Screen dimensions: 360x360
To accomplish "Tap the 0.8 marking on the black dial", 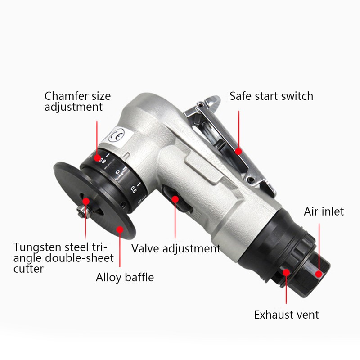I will pyautogui.click(x=103, y=160).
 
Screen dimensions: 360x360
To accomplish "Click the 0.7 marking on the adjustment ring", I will pyautogui.click(x=118, y=171).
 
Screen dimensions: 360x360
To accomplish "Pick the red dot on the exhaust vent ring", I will pyautogui.click(x=287, y=272).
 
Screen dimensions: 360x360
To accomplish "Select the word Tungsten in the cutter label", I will pyautogui.click(x=36, y=247).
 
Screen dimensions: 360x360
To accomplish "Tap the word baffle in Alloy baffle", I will pyautogui.click(x=138, y=277).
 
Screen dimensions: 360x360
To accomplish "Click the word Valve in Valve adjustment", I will pyautogui.click(x=143, y=248).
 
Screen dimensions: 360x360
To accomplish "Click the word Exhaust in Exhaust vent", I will pyautogui.click(x=274, y=314).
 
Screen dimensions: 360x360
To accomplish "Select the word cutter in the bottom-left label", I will pyautogui.click(x=28, y=269).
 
